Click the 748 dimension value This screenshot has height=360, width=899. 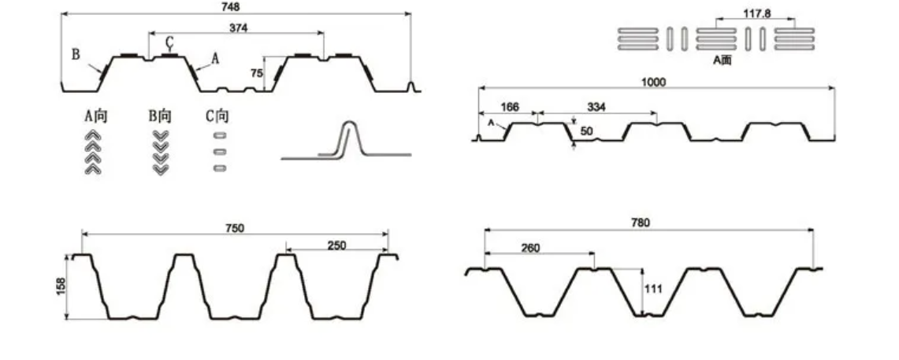click(230, 7)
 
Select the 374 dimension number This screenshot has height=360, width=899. click(238, 28)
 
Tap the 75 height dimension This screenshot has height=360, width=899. click(256, 72)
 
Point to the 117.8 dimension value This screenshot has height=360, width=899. click(757, 13)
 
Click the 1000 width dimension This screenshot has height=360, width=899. click(653, 83)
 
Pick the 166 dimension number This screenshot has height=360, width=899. click(510, 107)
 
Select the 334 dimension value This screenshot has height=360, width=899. click(597, 107)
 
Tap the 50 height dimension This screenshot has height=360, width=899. click(586, 132)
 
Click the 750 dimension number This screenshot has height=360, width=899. click(235, 228)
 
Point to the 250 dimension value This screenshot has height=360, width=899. click(336, 245)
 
